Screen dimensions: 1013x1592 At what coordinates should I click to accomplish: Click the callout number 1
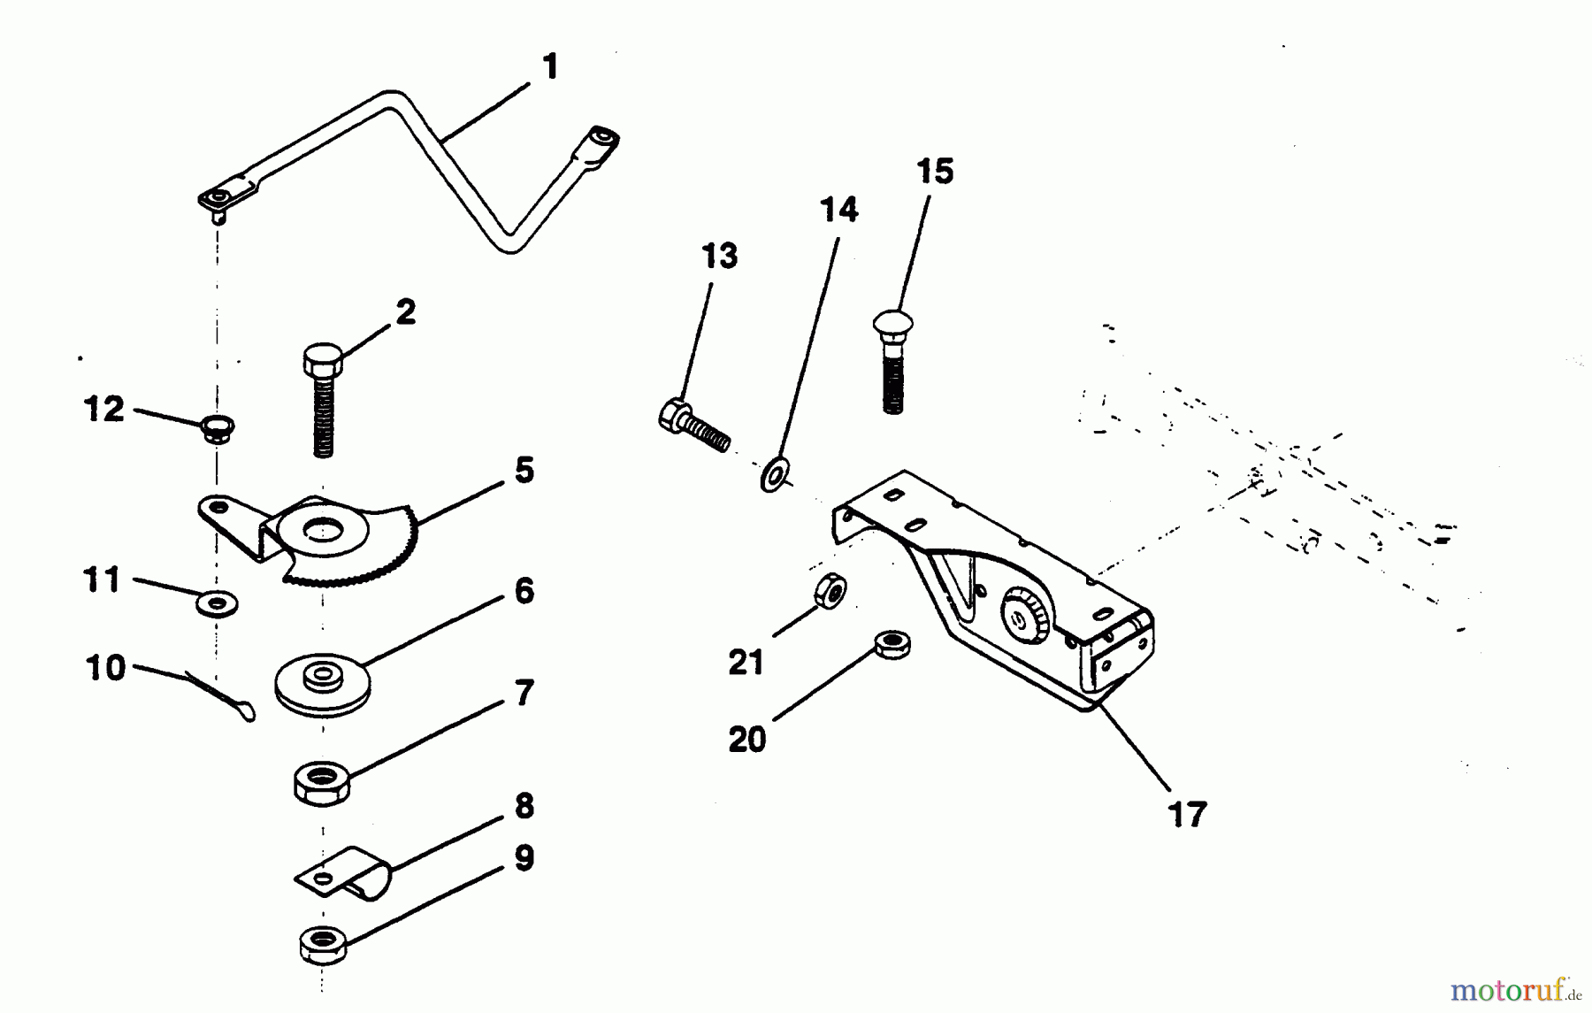(x=550, y=67)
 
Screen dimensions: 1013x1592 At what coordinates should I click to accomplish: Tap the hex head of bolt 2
(x=322, y=360)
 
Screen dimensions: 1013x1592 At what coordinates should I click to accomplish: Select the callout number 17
(x=1187, y=814)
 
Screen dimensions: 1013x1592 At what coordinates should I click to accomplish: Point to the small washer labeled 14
(x=775, y=474)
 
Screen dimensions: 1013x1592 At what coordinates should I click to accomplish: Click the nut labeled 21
(x=830, y=590)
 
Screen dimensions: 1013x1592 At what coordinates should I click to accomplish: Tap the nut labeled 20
(x=892, y=643)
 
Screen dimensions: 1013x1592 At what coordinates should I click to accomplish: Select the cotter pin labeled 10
(x=226, y=696)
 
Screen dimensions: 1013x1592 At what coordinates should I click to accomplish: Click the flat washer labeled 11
(x=217, y=604)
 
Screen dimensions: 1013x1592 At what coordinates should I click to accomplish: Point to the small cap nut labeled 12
(x=214, y=430)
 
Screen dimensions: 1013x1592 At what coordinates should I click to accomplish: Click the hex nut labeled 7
(x=322, y=783)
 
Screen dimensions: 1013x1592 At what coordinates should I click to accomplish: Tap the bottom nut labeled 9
(x=323, y=944)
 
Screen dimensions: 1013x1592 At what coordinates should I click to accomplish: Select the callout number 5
(x=524, y=471)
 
